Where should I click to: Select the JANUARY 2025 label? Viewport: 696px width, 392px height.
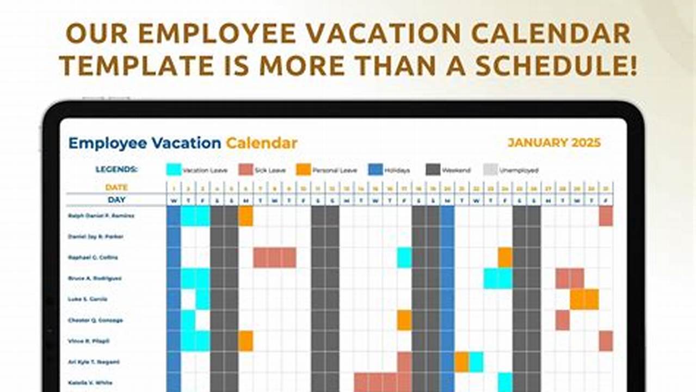pyautogui.click(x=554, y=143)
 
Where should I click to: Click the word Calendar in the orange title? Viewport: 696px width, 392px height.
pyautogui.click(x=261, y=143)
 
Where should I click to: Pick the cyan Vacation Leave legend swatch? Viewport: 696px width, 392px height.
pyautogui.click(x=174, y=169)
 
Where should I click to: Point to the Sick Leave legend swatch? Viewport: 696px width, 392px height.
pyautogui.click(x=246, y=169)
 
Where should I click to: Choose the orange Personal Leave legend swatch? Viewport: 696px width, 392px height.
pyautogui.click(x=304, y=169)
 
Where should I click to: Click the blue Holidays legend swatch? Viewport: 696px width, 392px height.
pyautogui.click(x=375, y=169)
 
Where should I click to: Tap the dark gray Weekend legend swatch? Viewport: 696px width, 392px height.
pyautogui.click(x=433, y=169)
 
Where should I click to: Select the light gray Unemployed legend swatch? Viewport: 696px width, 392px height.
pyautogui.click(x=490, y=169)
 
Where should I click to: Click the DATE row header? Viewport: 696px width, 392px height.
pyautogui.click(x=116, y=187)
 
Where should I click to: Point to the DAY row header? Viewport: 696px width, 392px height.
pyautogui.click(x=116, y=200)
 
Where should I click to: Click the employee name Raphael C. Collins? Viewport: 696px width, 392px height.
pyautogui.click(x=93, y=257)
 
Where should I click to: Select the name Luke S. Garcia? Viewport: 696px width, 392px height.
pyautogui.click(x=88, y=299)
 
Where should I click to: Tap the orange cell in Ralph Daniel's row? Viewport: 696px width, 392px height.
pyautogui.click(x=245, y=216)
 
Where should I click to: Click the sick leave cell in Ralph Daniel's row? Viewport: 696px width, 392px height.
pyautogui.click(x=606, y=216)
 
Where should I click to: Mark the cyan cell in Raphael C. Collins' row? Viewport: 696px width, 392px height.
pyautogui.click(x=404, y=258)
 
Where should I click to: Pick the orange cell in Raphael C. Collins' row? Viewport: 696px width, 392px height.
pyautogui.click(x=505, y=258)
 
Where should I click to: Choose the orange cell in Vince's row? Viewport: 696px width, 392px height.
pyautogui.click(x=245, y=341)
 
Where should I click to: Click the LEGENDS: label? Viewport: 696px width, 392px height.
pyautogui.click(x=116, y=169)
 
